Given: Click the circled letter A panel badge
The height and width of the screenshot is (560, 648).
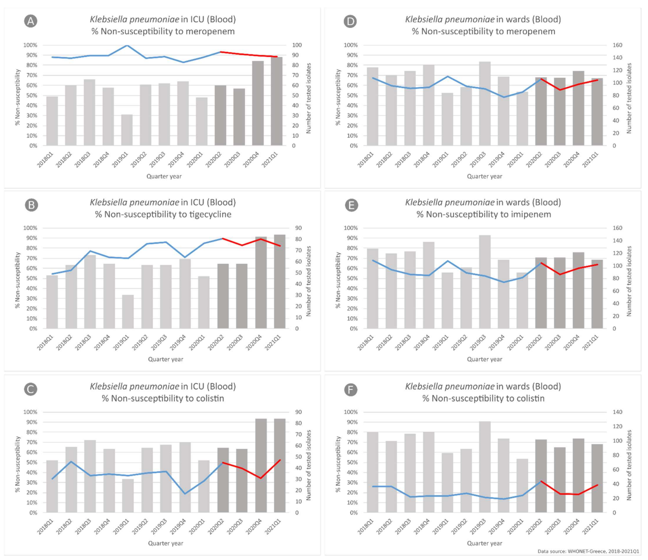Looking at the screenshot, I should (31, 21).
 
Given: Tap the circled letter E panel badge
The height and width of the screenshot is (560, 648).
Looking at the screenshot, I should (351, 205).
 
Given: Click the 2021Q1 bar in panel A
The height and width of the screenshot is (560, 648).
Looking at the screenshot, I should (277, 101).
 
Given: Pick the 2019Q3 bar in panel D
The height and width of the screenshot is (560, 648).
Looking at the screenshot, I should (485, 103).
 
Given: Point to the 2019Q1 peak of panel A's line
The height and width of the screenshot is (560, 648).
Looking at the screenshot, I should (127, 45).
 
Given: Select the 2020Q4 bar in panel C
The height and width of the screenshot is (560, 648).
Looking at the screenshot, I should (261, 465).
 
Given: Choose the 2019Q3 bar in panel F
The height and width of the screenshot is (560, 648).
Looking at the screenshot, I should (485, 467).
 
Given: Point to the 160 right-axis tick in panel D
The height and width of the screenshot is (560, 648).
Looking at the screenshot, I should (617, 45).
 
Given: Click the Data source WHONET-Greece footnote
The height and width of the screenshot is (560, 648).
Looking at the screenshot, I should (588, 551).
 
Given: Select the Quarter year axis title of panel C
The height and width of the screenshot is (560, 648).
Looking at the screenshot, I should (165, 543).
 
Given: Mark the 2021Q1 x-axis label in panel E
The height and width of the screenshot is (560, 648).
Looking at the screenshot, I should (591, 343).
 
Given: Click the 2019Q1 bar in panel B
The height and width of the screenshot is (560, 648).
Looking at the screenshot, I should (128, 311).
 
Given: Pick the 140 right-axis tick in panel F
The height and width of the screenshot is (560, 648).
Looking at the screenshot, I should (617, 412).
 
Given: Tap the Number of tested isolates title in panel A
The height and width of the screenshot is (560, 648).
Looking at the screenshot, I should (308, 98).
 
